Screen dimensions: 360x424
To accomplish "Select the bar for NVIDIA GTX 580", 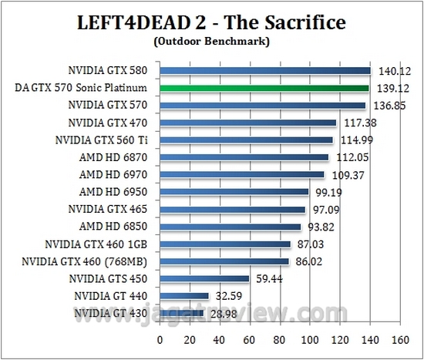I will pyautogui.click(x=265, y=71).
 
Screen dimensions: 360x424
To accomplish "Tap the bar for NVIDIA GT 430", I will pyautogui.click(x=181, y=313).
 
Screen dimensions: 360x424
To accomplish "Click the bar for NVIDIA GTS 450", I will pyautogui.click(x=204, y=278).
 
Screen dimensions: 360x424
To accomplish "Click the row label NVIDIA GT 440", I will pyautogui.click(x=114, y=295).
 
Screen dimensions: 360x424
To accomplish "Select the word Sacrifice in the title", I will pyautogui.click(x=293, y=21).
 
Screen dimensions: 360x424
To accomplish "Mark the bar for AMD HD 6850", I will pyautogui.click(x=231, y=227).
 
